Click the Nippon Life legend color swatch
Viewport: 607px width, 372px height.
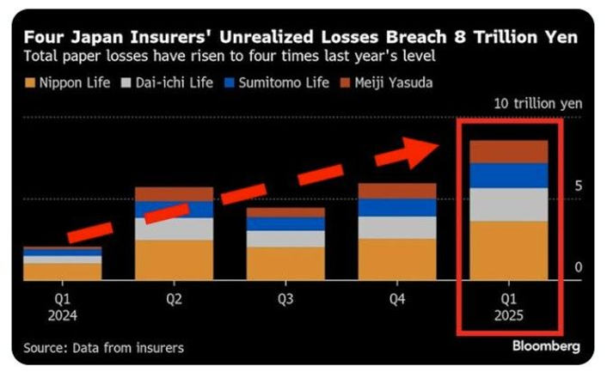coord(30,82)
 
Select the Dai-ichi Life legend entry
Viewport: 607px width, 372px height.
coord(170,82)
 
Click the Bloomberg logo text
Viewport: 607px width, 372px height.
coord(546,346)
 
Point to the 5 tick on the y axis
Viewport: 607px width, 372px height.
coord(579,186)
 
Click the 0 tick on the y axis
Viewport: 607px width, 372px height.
coord(579,267)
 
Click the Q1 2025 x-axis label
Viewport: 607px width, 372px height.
coord(508,307)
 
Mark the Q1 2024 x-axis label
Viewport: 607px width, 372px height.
coord(62,307)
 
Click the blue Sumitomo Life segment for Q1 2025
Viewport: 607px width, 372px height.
coord(508,175)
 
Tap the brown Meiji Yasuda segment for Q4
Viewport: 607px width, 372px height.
coord(397,191)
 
